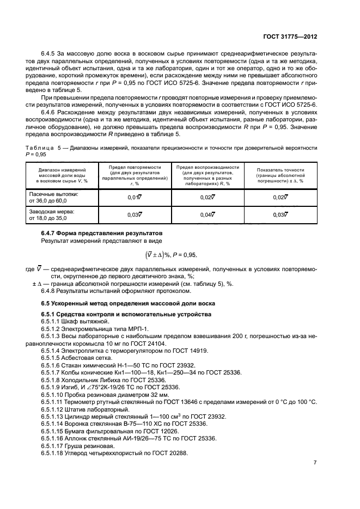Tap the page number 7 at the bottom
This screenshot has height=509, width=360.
(315, 462)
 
